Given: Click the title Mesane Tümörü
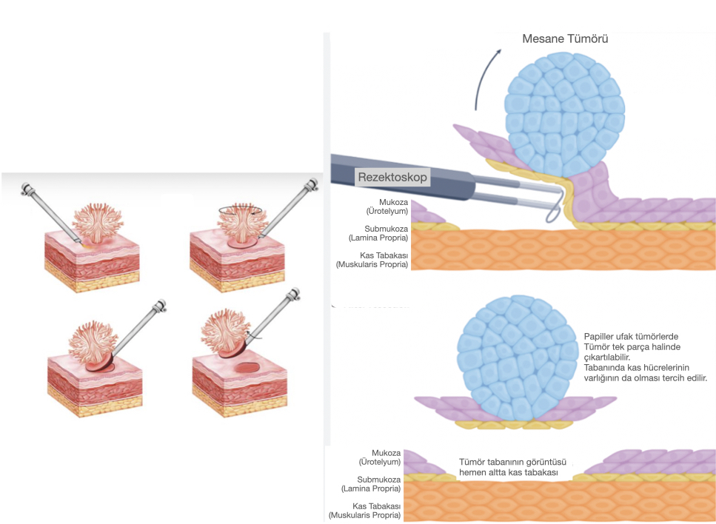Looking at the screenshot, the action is click(x=565, y=38).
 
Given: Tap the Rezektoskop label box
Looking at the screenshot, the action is click(x=392, y=177).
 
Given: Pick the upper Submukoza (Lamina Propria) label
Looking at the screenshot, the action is click(x=378, y=233).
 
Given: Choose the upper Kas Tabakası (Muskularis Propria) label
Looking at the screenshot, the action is click(x=372, y=260).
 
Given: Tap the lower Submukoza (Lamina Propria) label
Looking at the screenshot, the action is click(x=372, y=484).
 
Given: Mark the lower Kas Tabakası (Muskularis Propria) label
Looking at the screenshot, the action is click(x=365, y=511).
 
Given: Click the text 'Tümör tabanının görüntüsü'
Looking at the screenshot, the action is click(x=512, y=463).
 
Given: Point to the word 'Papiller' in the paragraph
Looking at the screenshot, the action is click(x=599, y=337).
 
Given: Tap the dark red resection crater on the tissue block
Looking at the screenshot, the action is click(x=247, y=368).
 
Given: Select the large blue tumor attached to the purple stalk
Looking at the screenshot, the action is click(x=565, y=115).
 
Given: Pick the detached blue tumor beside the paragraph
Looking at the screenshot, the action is click(x=517, y=358).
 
